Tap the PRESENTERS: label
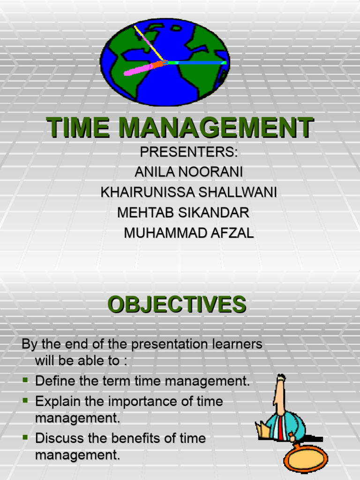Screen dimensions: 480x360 (x=189, y=152)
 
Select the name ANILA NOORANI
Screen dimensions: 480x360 (x=189, y=172)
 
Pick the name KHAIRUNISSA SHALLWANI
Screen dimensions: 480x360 (x=189, y=193)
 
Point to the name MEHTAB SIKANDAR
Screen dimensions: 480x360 (x=183, y=213)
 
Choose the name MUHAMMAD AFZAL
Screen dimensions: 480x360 (x=189, y=233)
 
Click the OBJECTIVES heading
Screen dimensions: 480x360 (x=177, y=305)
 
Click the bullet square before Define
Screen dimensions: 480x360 (x=26, y=381)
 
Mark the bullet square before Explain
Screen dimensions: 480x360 (x=26, y=401)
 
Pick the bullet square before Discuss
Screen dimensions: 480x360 (x=26, y=438)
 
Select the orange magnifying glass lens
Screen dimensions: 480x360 (x=306, y=458)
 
